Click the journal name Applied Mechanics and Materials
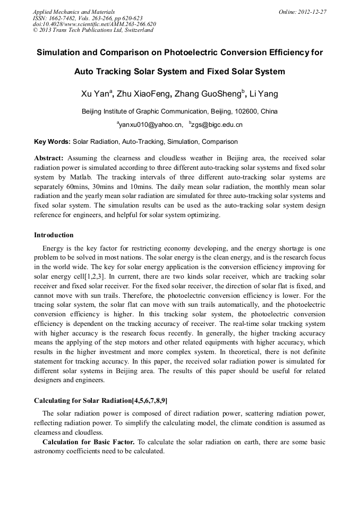pyautogui.click(x=74, y=12)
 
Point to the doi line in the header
pyautogui.click(x=95, y=24)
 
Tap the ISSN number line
pyautogui.click(x=88, y=18)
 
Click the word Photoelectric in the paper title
pyautogui.click(x=179, y=53)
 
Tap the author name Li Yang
pyautogui.click(x=264, y=94)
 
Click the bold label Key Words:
pyautogui.click(x=52, y=142)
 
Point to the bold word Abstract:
pyautogui.click(x=49, y=158)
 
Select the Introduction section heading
pyautogui.click(x=54, y=235)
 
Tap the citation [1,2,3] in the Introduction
pyautogui.click(x=96, y=276)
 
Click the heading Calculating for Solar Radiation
pyautogui.click(x=87, y=400)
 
